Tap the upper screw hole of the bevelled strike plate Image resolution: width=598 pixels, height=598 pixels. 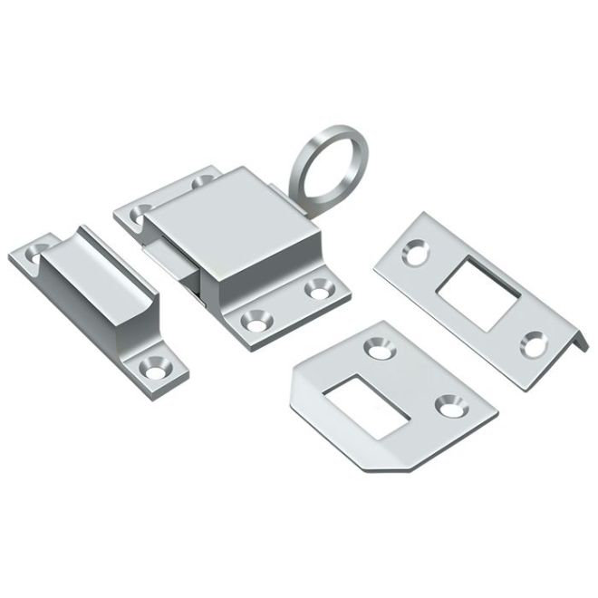(x=377, y=346)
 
